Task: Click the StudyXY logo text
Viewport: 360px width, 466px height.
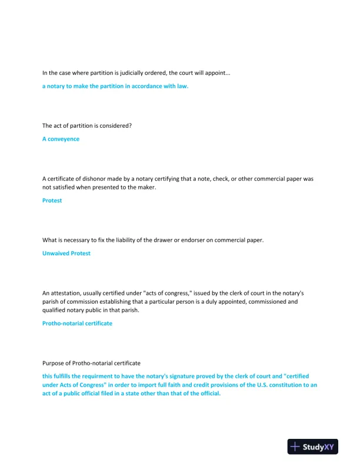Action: click(320, 447)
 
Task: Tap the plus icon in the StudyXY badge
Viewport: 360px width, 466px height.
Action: click(296, 447)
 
